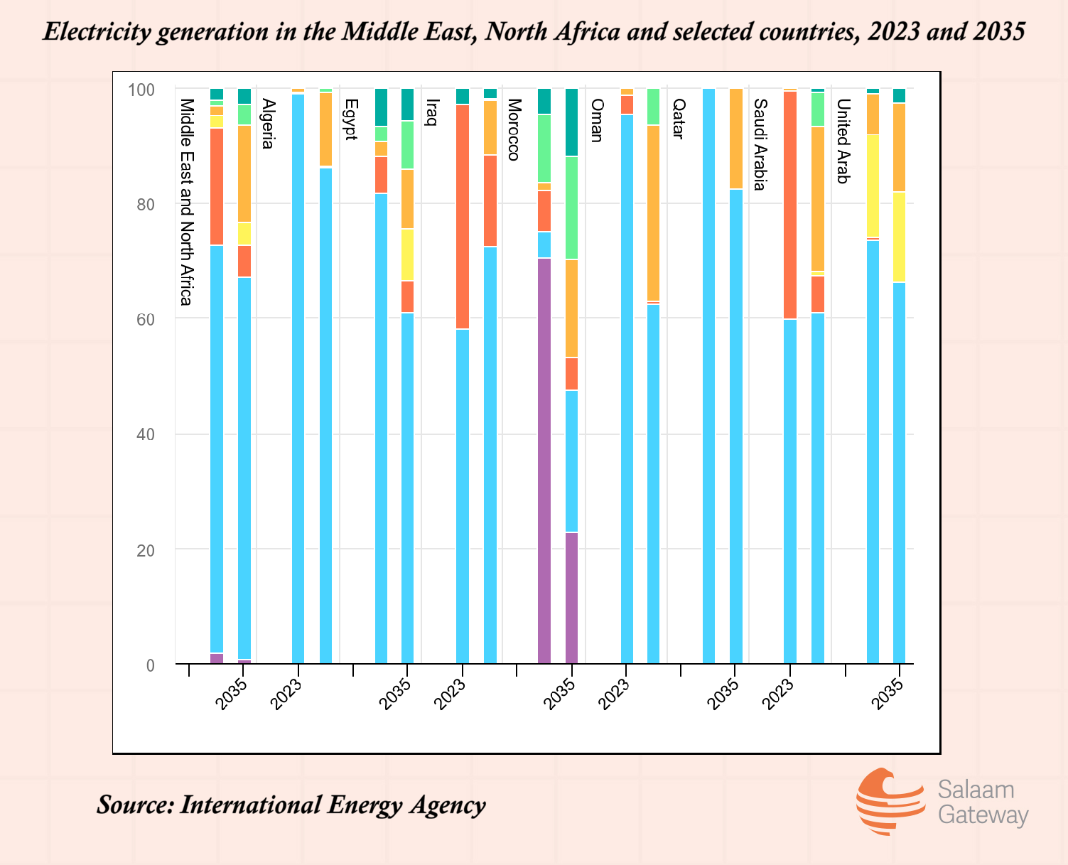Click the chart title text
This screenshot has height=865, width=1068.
(x=534, y=33)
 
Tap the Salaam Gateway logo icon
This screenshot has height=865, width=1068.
(x=888, y=801)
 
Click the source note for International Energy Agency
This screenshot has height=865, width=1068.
(x=291, y=805)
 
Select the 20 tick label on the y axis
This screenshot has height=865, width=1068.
(x=146, y=550)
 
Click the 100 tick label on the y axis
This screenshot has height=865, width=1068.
(x=141, y=90)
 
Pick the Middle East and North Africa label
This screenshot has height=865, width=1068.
(x=186, y=202)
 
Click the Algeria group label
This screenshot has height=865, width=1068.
(x=268, y=124)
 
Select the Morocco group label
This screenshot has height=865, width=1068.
(x=514, y=129)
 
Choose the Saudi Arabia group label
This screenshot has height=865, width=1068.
(x=760, y=145)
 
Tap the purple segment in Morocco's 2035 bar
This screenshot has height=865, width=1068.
(x=571, y=598)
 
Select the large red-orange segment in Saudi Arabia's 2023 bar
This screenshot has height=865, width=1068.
(x=790, y=205)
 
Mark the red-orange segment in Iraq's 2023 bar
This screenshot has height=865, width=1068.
(x=463, y=217)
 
